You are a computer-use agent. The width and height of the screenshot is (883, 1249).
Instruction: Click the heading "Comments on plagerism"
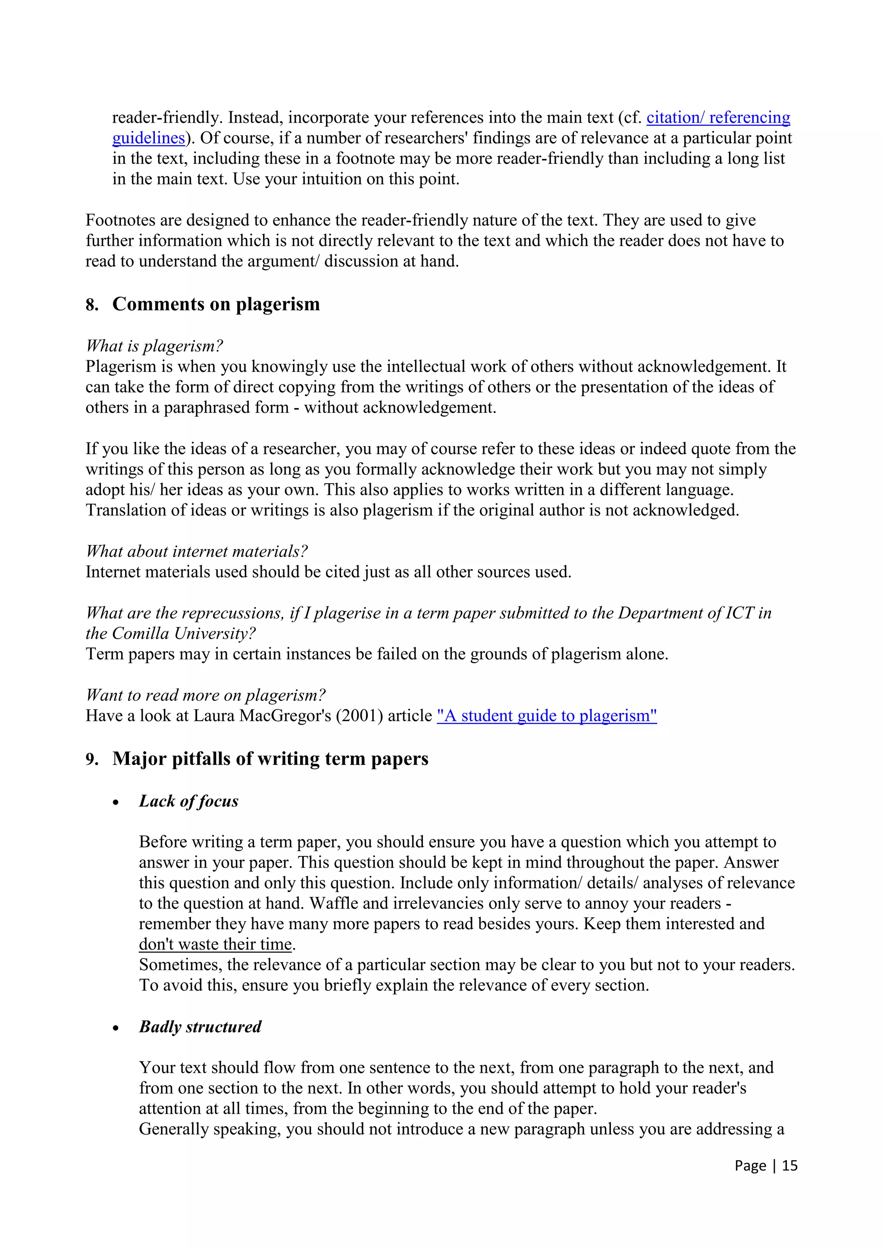(x=216, y=304)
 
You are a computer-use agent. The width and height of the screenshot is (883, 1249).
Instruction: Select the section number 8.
(x=91, y=305)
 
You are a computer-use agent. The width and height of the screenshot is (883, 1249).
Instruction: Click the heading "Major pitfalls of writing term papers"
(x=270, y=759)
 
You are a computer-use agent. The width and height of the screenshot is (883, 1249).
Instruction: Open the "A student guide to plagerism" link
(x=546, y=716)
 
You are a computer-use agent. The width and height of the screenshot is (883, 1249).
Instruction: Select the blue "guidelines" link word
(x=148, y=138)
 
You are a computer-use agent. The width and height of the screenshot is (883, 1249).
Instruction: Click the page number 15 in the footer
(x=789, y=1165)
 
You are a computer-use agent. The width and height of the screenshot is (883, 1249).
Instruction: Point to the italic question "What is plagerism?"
(x=154, y=346)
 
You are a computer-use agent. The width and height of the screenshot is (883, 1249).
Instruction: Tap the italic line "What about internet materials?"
(x=197, y=552)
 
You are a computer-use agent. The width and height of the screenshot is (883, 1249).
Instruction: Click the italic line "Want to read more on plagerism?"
(x=206, y=695)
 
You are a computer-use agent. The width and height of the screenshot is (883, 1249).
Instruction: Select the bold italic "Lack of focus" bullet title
(x=188, y=801)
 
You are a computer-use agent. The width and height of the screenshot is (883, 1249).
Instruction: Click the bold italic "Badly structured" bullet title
(x=200, y=1027)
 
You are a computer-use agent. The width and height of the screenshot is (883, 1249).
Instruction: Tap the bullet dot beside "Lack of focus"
(x=116, y=803)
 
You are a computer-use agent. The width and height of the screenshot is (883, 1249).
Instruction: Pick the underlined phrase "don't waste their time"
(x=216, y=944)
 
